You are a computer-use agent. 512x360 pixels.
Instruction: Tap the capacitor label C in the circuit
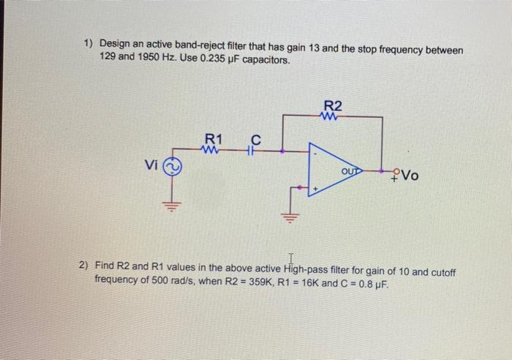tap(255, 138)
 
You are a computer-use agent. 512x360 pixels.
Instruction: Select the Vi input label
tap(151, 166)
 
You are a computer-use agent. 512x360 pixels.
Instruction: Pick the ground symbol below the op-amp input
tap(291, 217)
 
